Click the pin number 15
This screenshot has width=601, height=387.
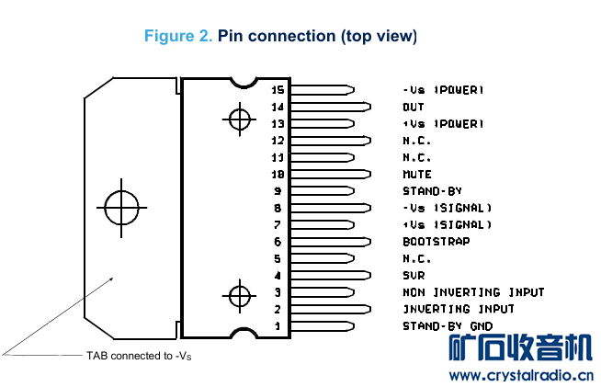[x=278, y=90]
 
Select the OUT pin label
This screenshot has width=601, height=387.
[x=414, y=107]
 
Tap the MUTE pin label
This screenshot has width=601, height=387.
[x=417, y=174]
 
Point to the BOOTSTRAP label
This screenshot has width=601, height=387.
[x=436, y=242]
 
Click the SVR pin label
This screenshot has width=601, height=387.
[x=414, y=276]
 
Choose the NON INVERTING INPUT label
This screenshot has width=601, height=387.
[x=473, y=292]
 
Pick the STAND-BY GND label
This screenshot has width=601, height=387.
[x=448, y=326]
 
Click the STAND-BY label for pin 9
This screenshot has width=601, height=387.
[x=432, y=191]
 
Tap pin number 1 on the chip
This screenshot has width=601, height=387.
[x=277, y=326]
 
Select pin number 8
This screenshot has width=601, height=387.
[x=277, y=208]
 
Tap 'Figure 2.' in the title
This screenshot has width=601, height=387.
[x=178, y=37]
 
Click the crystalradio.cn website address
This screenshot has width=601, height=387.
[x=520, y=375]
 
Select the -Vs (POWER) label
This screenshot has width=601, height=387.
[x=443, y=90]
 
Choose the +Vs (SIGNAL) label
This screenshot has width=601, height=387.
[x=447, y=225]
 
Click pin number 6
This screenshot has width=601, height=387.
[x=277, y=242]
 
